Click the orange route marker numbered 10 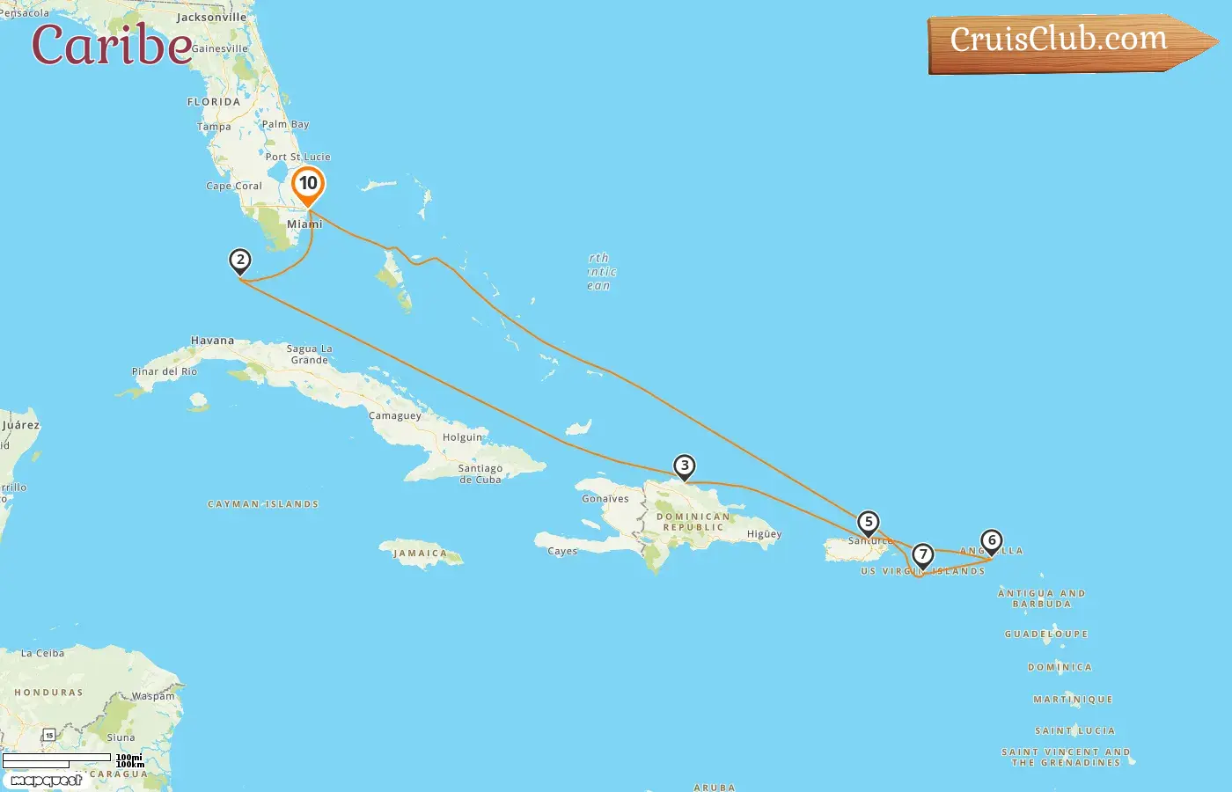(x=308, y=184)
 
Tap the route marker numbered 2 (x=239, y=260)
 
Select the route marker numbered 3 (x=685, y=466)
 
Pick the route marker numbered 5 (x=869, y=523)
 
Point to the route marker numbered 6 (x=992, y=540)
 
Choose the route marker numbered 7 (x=922, y=555)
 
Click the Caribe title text (x=112, y=46)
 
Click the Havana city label (x=213, y=341)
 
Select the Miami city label (x=304, y=224)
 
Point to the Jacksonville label (x=211, y=18)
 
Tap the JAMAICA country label (x=420, y=554)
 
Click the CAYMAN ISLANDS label (x=263, y=504)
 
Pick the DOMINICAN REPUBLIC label (x=693, y=522)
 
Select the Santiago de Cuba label (x=480, y=474)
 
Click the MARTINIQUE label (x=1073, y=700)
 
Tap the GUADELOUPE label (x=1046, y=634)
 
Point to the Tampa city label (x=214, y=127)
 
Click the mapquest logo (x=46, y=781)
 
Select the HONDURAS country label (x=48, y=693)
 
